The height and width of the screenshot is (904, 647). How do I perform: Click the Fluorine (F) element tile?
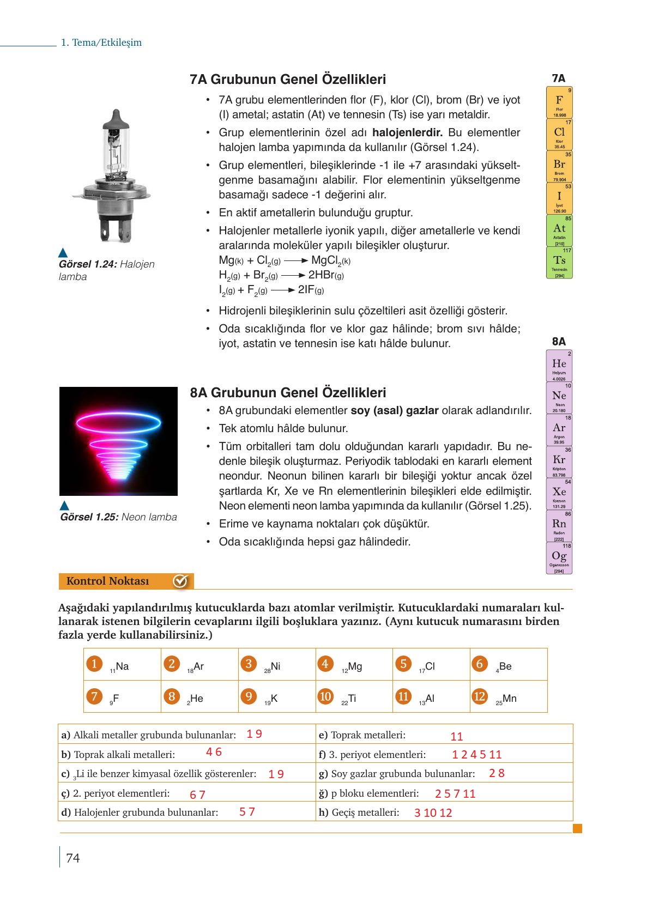[559, 102]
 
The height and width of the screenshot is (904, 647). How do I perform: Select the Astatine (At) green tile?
[559, 230]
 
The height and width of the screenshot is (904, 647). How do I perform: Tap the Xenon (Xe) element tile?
[559, 494]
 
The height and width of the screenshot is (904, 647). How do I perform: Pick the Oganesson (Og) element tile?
[559, 558]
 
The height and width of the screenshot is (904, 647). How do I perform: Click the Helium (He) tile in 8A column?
[559, 366]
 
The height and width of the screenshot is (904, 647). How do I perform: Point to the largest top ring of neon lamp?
[118, 423]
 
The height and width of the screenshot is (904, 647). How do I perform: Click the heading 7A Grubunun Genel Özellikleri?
[288, 80]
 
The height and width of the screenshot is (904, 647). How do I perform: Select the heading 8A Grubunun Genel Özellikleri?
[288, 392]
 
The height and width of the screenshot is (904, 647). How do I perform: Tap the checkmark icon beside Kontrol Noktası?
[180, 581]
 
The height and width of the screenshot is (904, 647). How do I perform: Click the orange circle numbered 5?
[403, 664]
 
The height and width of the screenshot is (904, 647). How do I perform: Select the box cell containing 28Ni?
[276, 664]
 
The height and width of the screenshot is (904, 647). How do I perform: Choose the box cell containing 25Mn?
[508, 696]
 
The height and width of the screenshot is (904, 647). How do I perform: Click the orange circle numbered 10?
[325, 696]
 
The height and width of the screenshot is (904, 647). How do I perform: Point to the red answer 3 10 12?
[433, 813]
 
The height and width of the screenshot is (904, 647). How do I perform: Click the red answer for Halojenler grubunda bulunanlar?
[247, 812]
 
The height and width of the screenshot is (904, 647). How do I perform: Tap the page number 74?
[72, 858]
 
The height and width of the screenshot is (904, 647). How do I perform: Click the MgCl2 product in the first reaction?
[330, 260]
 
